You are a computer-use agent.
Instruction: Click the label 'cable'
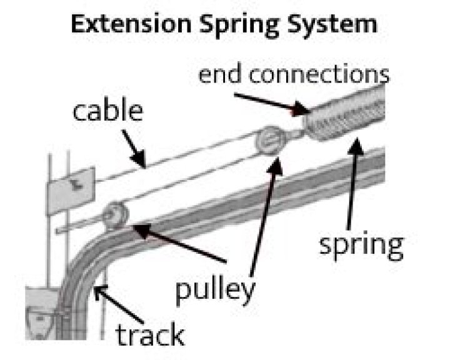pos(107,111)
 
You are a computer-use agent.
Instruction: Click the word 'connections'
pos(319,74)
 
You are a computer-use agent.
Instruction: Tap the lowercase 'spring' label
pos(361,245)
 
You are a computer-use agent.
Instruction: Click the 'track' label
pos(149,334)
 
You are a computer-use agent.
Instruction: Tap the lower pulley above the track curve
pos(116,214)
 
